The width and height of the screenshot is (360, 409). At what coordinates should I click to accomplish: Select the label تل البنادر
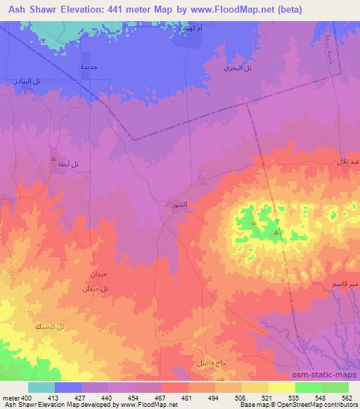pos(28,82)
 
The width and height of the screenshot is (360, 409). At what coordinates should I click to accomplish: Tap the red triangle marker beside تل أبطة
pos(53,160)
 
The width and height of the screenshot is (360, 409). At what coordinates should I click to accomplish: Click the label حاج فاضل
pos(211,362)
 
